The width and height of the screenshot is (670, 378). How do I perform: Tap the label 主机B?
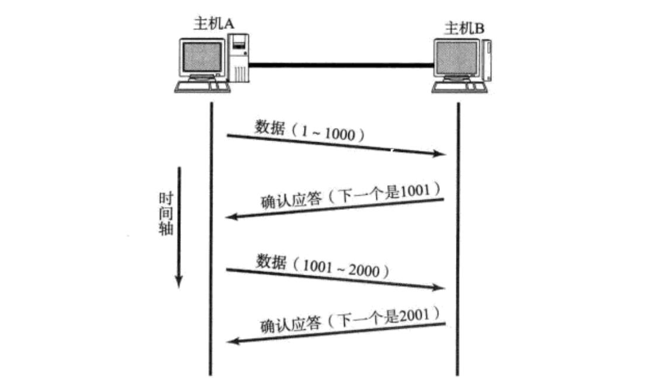click(465, 28)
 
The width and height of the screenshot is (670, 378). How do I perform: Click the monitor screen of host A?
click(202, 59)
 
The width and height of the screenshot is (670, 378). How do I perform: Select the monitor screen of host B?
click(455, 60)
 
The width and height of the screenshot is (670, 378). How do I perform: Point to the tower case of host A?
click(239, 57)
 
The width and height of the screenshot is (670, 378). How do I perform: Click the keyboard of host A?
click(201, 86)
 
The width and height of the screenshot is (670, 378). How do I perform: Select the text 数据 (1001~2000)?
click(323, 266)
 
